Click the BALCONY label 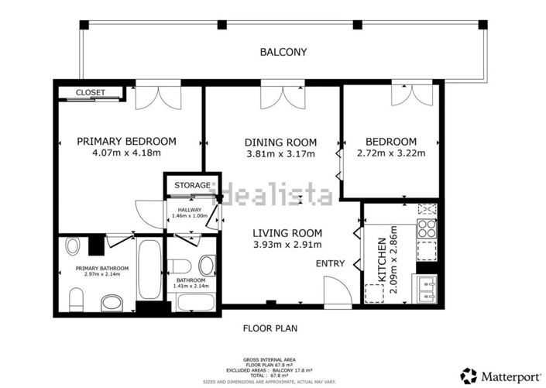point(283,53)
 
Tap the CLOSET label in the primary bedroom point(91,93)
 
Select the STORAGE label point(191,185)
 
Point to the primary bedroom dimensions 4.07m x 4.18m point(125,153)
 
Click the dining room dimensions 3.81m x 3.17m point(280,153)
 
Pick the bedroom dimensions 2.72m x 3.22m point(390,153)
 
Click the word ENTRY point(330,263)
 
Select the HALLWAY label point(190,210)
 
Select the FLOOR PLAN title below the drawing point(270,328)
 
